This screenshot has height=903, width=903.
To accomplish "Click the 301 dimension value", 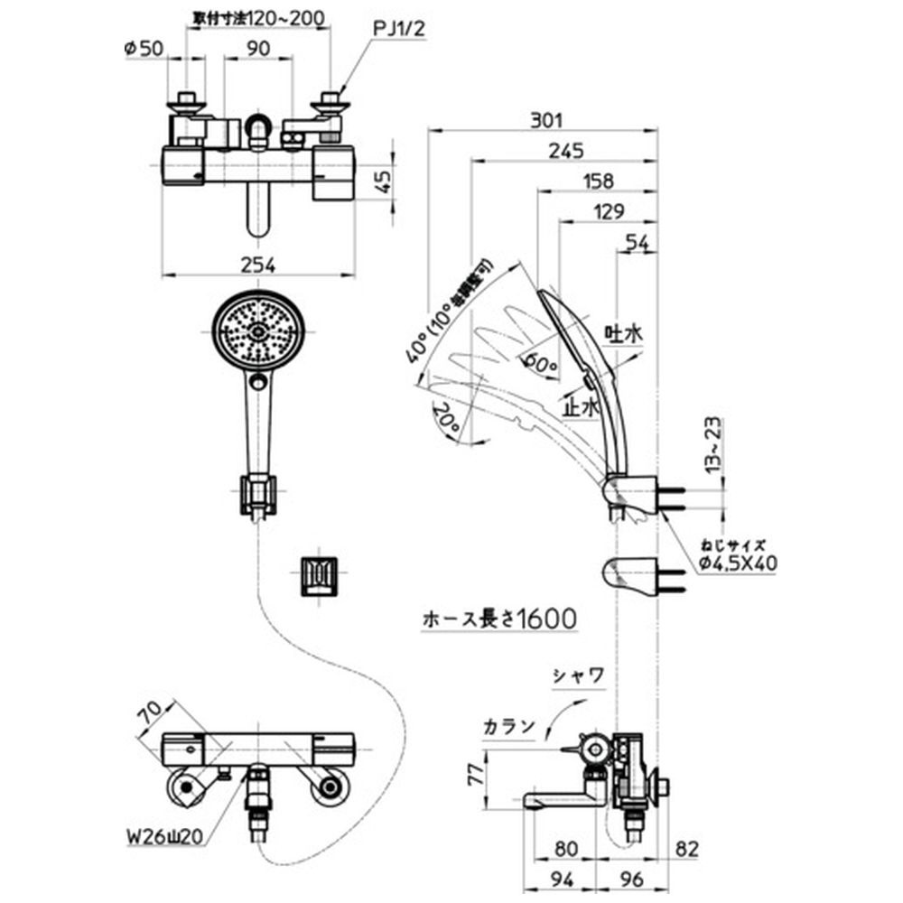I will [547, 119].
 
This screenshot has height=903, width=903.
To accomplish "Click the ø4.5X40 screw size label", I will [738, 563].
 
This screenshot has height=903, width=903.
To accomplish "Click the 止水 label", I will [580, 407].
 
